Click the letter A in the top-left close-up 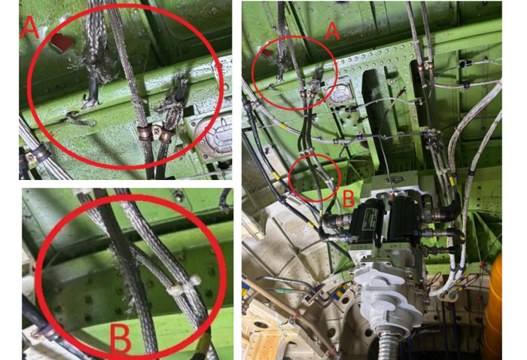[x=29, y=28]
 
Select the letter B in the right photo [x=348, y=198]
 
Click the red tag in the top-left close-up [x=62, y=43]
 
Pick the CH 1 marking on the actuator [x=396, y=246]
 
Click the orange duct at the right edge [x=495, y=307]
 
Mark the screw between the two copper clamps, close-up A [x=157, y=129]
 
